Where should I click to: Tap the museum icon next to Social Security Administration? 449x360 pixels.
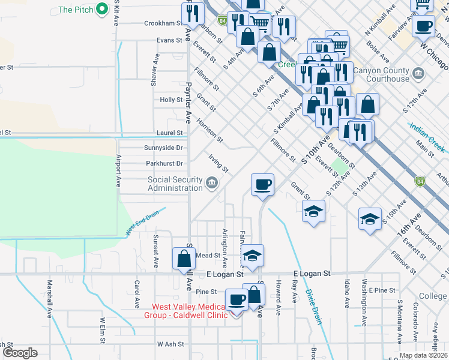[x=211, y=182]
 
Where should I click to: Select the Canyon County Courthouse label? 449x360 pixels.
[x=381, y=74]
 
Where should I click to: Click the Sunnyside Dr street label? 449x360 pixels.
[x=163, y=148]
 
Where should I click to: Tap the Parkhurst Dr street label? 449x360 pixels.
[x=164, y=163]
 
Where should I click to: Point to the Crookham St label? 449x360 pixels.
[x=163, y=23]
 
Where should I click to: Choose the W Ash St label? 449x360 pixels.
[x=170, y=344]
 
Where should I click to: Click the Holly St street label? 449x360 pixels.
[x=171, y=100]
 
